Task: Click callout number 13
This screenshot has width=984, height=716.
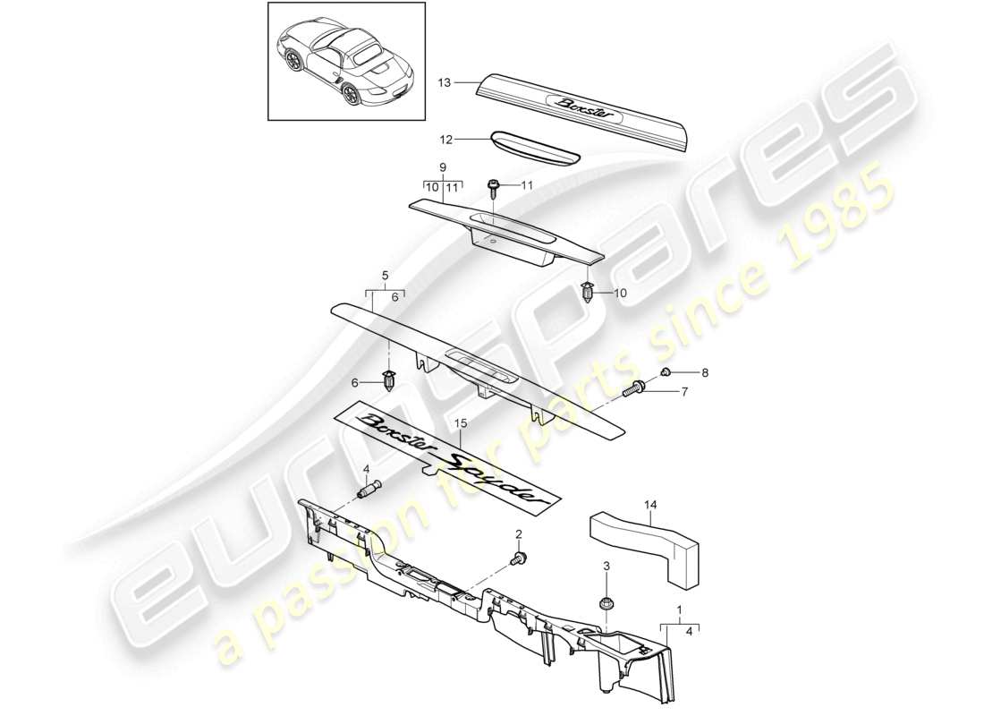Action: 444,82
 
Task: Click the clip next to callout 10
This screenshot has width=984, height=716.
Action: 588,293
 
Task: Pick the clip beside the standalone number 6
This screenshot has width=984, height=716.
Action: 389,381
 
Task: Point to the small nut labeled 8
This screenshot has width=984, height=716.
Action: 667,371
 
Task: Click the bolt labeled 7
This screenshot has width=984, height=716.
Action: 637,389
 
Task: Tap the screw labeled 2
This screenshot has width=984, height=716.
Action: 519,558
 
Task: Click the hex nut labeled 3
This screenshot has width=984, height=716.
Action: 607,606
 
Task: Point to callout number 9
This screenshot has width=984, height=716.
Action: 442,166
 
